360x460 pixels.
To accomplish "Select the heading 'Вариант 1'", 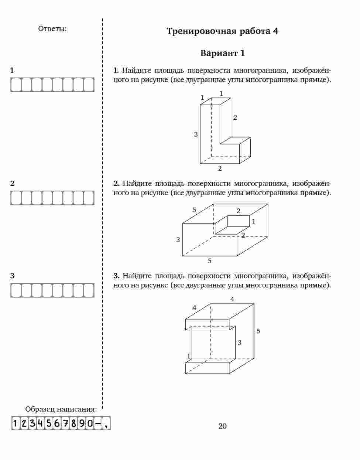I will click(x=222, y=53).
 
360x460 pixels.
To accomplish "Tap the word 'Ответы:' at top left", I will click(x=52, y=28).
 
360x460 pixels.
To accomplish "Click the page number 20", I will click(x=222, y=426).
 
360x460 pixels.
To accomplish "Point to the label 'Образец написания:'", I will click(x=61, y=409).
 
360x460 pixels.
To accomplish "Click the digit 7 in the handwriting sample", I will click(x=65, y=423).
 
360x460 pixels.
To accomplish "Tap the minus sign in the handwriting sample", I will click(x=98, y=423).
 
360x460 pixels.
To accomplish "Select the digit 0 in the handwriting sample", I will click(x=90, y=423).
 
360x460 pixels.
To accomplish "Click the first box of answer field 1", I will click(x=16, y=85).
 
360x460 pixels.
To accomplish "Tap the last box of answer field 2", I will click(x=89, y=198).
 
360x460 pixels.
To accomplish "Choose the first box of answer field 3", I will click(x=16, y=290).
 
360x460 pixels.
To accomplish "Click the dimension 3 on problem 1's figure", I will click(x=196, y=134).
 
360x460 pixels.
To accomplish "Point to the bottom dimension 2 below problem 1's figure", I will click(x=220, y=168).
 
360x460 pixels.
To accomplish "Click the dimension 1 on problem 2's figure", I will click(x=254, y=221).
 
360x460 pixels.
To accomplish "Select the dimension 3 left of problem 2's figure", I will click(x=178, y=240).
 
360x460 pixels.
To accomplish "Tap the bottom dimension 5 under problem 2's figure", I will click(x=209, y=261).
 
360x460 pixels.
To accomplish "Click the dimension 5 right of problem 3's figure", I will click(x=258, y=331).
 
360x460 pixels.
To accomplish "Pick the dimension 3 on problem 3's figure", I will click(x=240, y=343).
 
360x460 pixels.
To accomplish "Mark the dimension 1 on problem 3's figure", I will click(x=188, y=356).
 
